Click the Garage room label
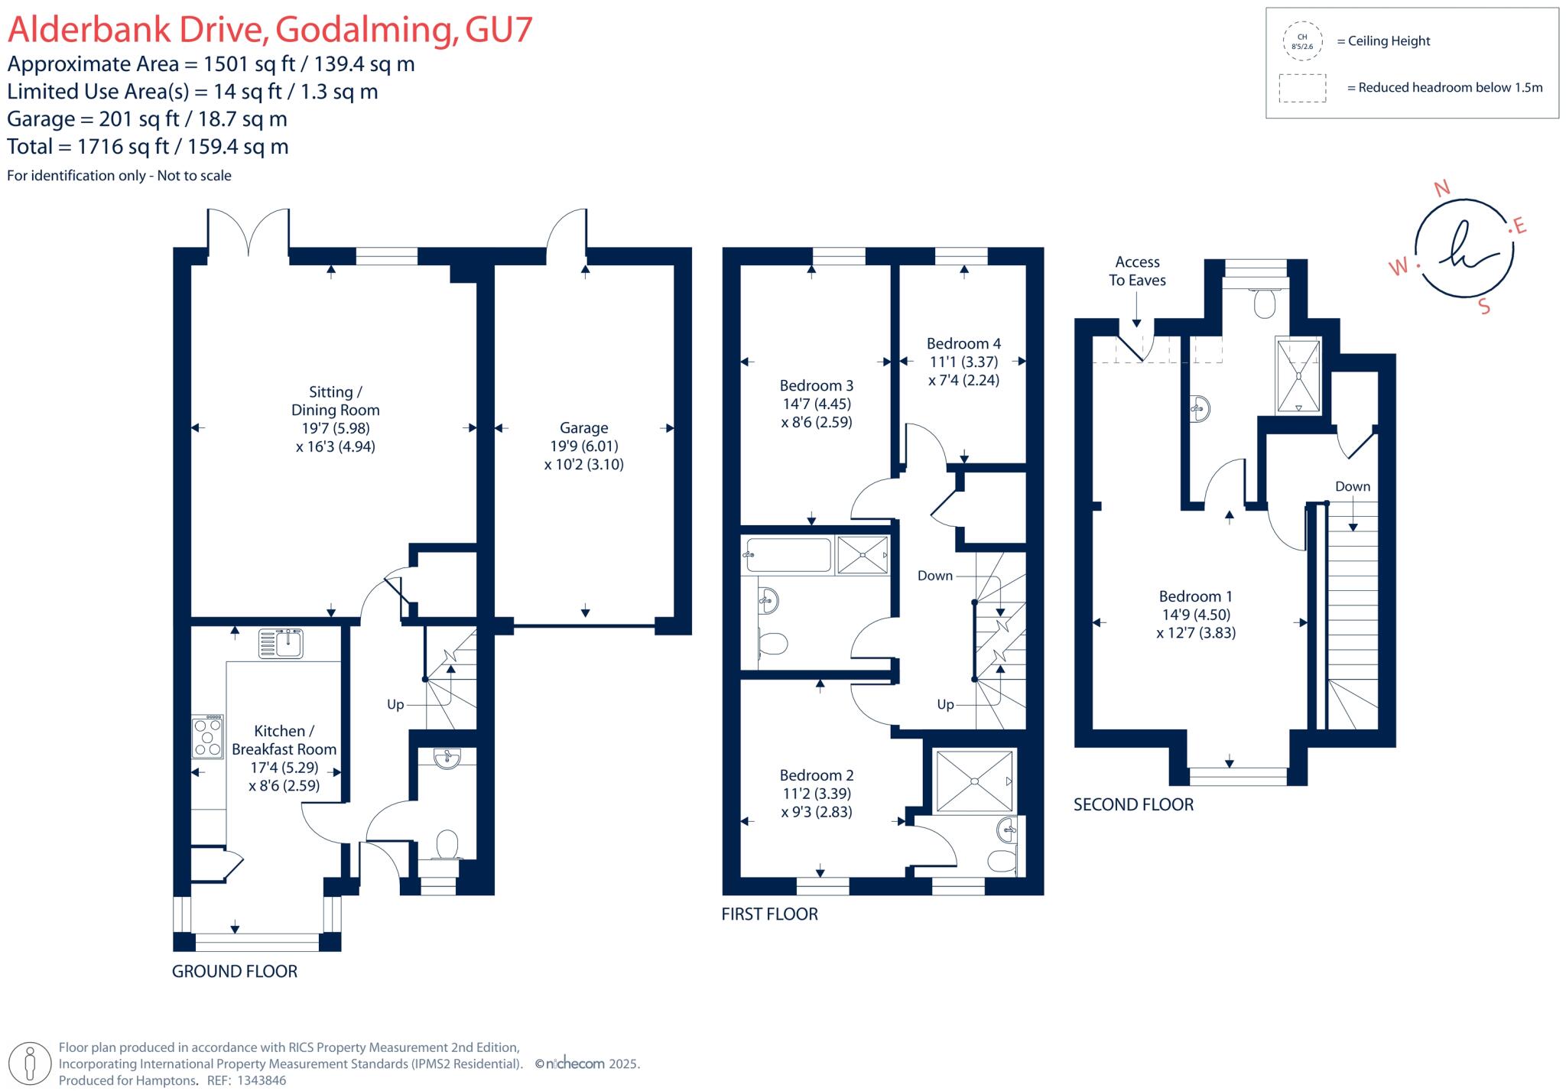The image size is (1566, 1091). pyautogui.click(x=583, y=428)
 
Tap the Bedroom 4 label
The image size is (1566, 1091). pyautogui.click(x=963, y=344)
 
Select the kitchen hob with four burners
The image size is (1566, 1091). pyautogui.click(x=207, y=736)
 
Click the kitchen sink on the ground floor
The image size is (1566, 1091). pyautogui.click(x=281, y=643)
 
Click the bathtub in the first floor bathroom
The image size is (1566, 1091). pyautogui.click(x=788, y=554)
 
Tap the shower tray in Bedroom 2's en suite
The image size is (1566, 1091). pyautogui.click(x=974, y=781)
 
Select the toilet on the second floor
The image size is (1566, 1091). pyautogui.click(x=1265, y=304)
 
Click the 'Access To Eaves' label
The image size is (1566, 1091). pyautogui.click(x=1137, y=271)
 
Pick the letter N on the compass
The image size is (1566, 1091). pyautogui.click(x=1441, y=189)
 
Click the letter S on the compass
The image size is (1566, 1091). pyautogui.click(x=1484, y=307)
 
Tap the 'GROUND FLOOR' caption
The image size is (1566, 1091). pyautogui.click(x=235, y=971)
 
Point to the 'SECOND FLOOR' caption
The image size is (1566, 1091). pyautogui.click(x=1133, y=804)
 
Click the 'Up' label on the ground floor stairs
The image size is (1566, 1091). pyautogui.click(x=395, y=704)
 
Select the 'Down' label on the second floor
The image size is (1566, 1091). pyautogui.click(x=1352, y=486)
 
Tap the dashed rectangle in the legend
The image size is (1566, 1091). pyautogui.click(x=1302, y=88)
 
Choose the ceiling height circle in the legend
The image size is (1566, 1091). pyautogui.click(x=1302, y=41)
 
